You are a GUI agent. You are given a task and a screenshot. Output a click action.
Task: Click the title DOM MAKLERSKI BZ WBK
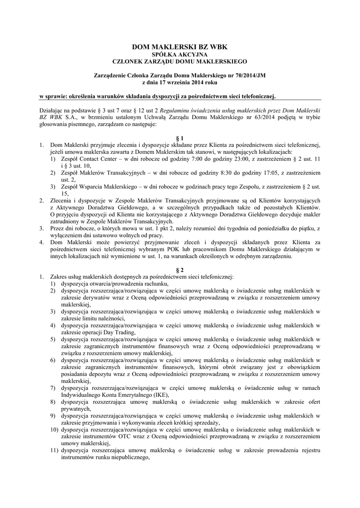coord(179,47)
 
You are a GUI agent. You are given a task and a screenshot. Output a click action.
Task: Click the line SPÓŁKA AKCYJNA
coord(179,54)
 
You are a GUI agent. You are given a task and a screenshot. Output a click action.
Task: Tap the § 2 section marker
coord(180,268)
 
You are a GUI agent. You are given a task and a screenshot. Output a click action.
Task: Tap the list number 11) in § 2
coord(54,449)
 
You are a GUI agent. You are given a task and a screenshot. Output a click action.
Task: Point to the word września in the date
coord(171,82)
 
